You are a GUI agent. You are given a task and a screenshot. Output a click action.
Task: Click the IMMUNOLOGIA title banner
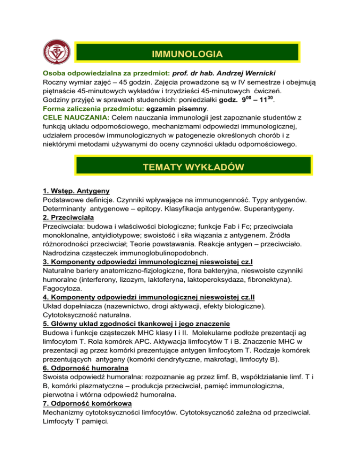(x=187, y=54)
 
